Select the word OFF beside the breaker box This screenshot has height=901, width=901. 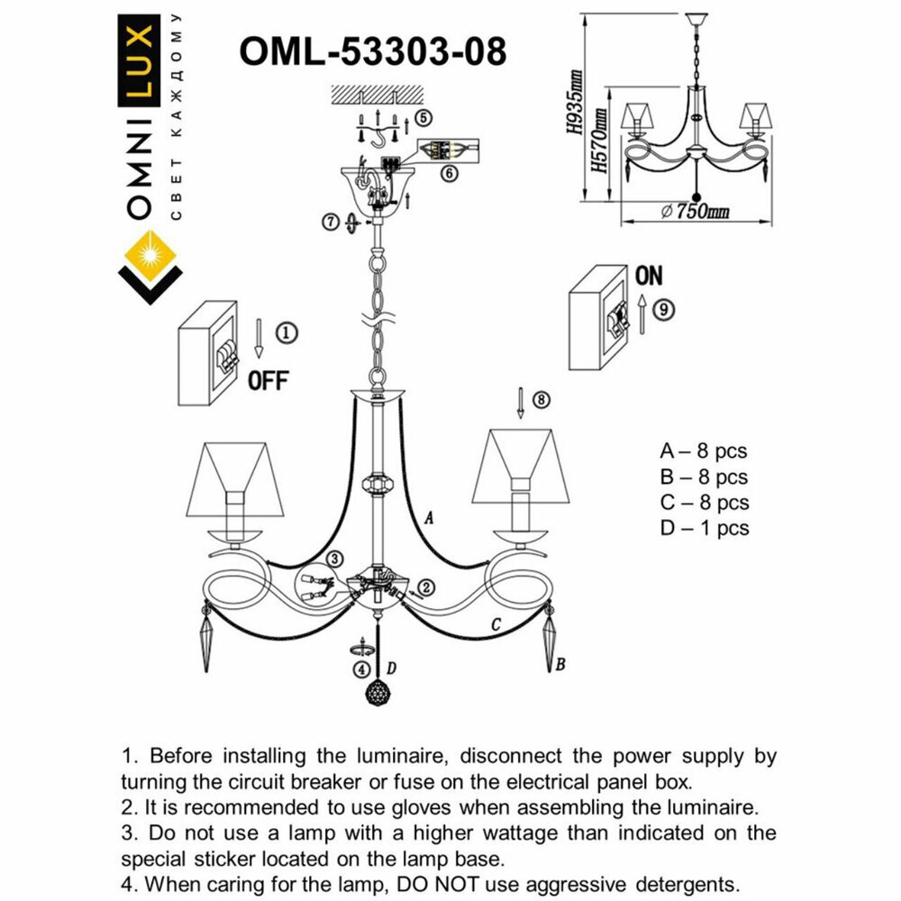coord(268,380)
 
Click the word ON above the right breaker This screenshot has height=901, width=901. coord(649,276)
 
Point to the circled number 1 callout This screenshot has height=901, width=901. coord(285,332)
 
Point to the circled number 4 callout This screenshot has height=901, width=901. coord(361,669)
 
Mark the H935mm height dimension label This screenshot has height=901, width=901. coord(575,104)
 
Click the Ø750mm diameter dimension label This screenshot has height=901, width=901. coord(695,212)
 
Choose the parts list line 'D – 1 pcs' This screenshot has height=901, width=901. coord(704,529)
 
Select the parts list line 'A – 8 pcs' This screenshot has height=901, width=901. coord(704,451)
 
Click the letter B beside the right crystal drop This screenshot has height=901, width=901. coord(560,665)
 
